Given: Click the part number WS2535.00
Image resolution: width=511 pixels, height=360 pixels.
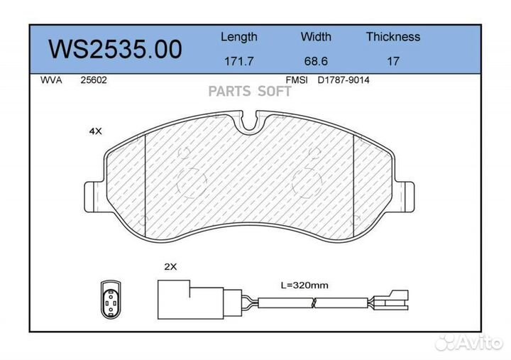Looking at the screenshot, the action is [x=116, y=49].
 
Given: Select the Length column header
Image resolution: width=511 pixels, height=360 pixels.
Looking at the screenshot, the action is [x=239, y=37].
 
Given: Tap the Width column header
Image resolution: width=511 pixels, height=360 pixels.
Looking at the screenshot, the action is [x=316, y=36].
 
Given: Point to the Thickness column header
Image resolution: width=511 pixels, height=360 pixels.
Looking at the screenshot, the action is [x=393, y=36].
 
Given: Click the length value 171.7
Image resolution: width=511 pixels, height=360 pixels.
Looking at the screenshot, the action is [x=239, y=61].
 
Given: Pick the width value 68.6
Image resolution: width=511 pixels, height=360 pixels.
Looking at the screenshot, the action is [x=316, y=61].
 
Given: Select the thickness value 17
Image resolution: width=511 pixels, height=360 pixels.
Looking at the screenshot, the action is [x=393, y=61].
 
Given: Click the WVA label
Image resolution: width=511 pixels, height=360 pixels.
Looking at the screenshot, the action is [x=51, y=80].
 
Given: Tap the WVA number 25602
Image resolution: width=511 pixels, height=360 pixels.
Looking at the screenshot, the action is [x=94, y=80].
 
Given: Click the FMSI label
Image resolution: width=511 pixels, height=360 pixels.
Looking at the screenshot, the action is [x=297, y=80].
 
